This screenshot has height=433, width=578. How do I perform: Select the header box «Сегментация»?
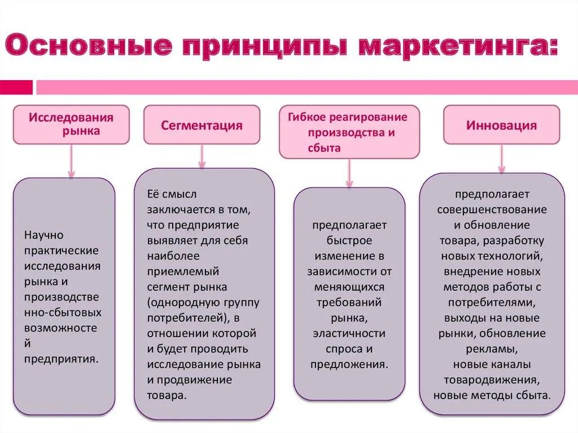202,125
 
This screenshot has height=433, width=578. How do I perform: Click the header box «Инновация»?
501,125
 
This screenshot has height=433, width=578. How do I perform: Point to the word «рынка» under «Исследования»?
81,131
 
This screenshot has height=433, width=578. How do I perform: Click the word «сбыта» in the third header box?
324,147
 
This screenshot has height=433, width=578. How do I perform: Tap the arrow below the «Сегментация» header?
202,156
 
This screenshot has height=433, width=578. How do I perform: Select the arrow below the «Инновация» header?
501,159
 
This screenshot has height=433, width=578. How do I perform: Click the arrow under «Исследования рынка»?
71,161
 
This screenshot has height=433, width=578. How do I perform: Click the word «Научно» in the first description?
44,234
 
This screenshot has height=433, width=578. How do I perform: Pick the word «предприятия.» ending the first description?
62,358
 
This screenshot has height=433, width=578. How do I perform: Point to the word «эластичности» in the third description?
349,333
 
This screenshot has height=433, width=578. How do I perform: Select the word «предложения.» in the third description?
349,364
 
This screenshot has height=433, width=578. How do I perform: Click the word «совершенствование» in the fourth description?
492,209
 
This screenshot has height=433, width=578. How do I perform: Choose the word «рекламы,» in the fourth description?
492,348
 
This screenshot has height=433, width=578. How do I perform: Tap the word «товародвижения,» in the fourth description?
492,379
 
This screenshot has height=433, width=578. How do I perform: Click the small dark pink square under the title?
16,88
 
